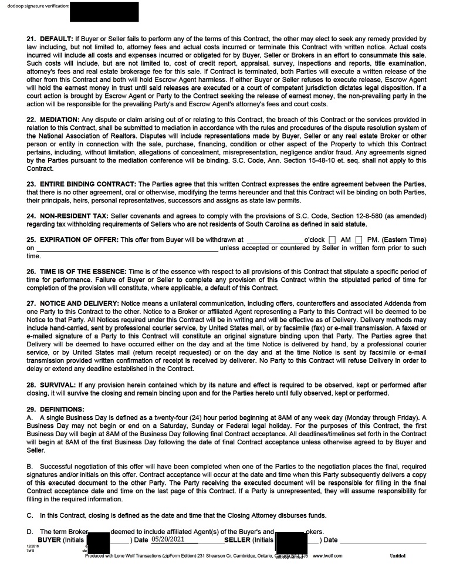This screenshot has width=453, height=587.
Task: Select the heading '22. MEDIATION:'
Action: pyautogui.click(x=53, y=120)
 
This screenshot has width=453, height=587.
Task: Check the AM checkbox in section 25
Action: pyautogui.click(x=333, y=240)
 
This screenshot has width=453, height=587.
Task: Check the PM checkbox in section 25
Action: pyautogui.click(x=359, y=240)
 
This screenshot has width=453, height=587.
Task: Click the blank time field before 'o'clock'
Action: pyautogui.click(x=274, y=240)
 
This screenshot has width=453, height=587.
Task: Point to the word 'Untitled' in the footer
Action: pyautogui.click(x=397, y=556)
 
